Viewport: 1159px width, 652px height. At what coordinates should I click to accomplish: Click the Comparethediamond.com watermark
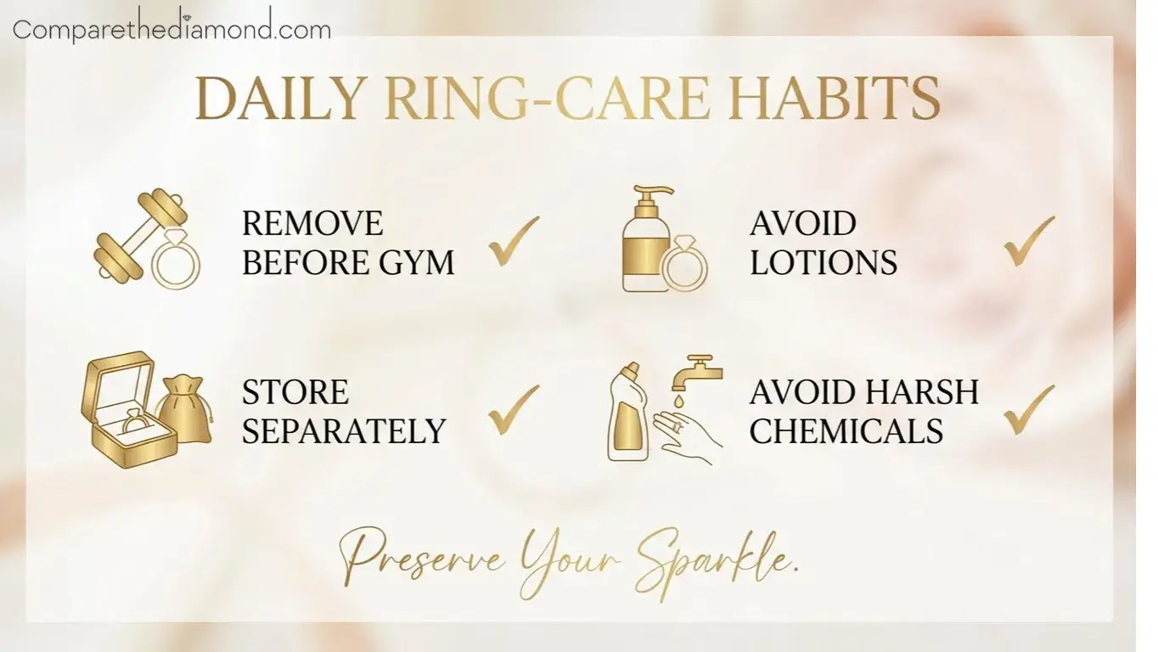point(172,29)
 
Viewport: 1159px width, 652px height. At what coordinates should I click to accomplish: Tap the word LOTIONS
point(823,262)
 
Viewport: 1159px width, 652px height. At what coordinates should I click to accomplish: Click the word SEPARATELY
point(344,431)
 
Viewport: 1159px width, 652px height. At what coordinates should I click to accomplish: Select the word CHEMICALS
point(847,431)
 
